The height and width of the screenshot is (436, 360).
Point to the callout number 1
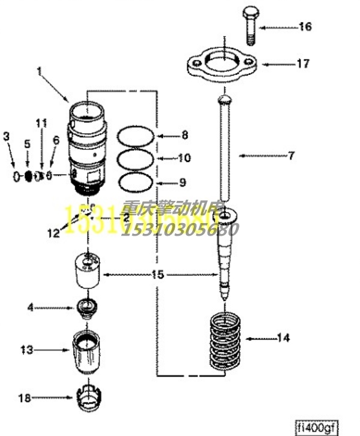(40, 71)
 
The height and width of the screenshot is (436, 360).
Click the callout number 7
(292, 156)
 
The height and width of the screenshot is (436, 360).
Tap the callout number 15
(157, 275)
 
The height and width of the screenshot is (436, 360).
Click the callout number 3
(7, 137)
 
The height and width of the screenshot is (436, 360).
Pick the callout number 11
(41, 123)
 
